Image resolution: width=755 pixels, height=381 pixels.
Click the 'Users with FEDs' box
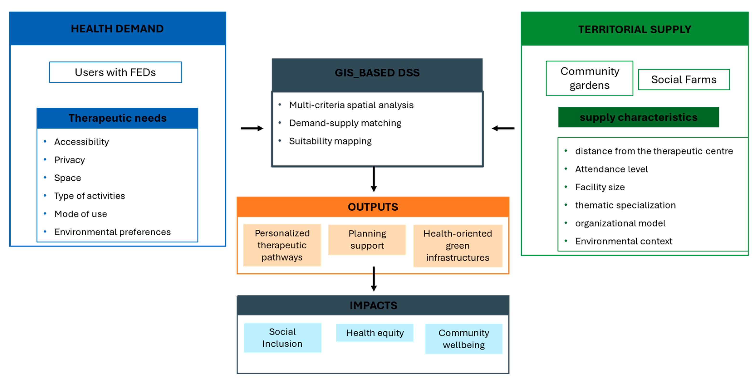116,72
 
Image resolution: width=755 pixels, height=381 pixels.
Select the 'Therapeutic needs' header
117,118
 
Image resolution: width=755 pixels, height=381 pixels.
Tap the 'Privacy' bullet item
69,160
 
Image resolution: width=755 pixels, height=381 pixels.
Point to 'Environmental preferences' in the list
112,232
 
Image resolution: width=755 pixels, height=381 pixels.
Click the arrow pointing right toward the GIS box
252,128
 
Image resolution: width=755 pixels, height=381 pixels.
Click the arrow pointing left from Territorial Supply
503,128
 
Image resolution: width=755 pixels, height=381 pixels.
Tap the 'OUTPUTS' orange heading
373,207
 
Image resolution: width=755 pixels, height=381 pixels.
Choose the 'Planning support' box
367,240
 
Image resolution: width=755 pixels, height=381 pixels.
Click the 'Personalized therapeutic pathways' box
282,245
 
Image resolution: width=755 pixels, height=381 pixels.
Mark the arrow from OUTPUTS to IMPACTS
374,279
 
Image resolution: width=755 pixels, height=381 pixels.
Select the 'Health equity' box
374,333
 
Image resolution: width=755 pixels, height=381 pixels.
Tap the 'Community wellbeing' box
464,339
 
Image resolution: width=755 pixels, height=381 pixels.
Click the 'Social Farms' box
683,79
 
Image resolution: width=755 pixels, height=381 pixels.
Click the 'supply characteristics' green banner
638,117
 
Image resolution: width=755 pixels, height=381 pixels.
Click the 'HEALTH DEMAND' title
117,29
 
